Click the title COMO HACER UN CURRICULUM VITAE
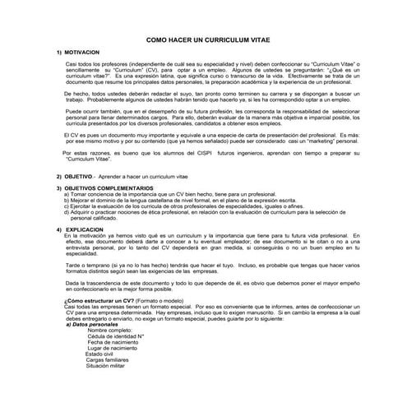click(206, 39)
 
